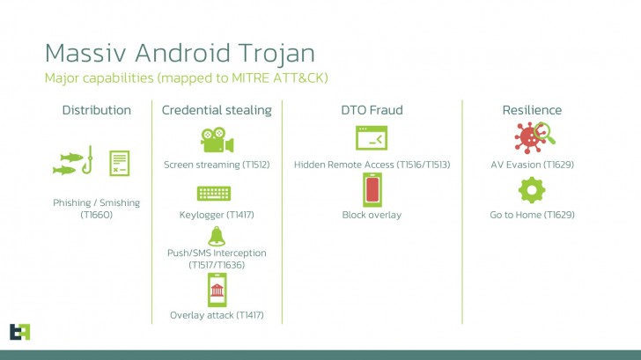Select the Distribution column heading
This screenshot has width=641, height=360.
point(96,110)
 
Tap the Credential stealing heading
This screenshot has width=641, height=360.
point(217,110)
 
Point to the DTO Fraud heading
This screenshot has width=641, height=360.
point(372,110)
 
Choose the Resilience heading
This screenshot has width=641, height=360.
point(532,110)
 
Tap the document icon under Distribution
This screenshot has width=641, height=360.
point(119,163)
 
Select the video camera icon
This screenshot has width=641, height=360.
point(217,139)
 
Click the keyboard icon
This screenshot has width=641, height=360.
point(217,193)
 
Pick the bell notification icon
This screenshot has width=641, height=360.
point(217,235)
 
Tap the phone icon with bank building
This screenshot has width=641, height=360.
point(217,290)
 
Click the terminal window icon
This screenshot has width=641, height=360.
point(372,139)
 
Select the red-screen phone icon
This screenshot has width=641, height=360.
point(372,190)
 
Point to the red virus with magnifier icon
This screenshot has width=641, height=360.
point(532,138)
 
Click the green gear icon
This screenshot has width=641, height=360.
point(532,190)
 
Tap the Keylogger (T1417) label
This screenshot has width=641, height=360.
point(217,215)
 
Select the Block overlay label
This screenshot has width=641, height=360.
point(372,215)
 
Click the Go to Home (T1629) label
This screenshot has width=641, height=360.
point(532,215)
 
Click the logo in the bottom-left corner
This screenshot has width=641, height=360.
point(19,331)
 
